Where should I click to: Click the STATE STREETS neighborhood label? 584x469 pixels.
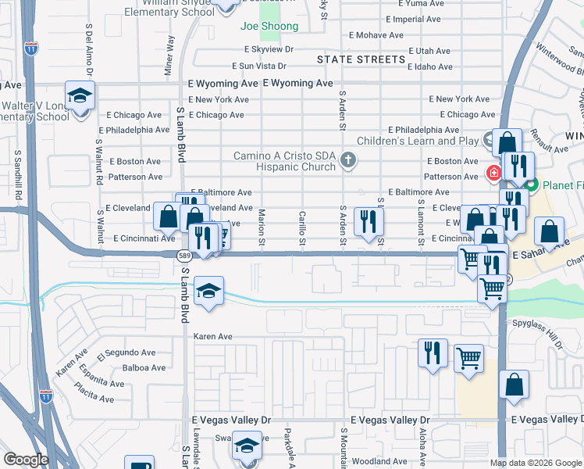coord(361,59)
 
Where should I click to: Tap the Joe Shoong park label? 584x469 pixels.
coord(269,27)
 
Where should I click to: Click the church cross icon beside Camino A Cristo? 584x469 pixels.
coord(349,161)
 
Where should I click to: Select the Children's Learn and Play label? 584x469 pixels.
coord(417,141)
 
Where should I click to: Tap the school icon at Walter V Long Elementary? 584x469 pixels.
coord(79,96)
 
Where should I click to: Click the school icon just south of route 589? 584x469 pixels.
coord(208,292)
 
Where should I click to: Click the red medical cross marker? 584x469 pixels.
coord(493,172)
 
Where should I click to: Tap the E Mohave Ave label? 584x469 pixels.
coord(376,35)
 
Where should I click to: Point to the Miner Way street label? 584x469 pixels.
coord(169,55)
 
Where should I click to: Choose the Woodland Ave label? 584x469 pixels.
coord(380,462)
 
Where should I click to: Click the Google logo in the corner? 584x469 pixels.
coord(26,460)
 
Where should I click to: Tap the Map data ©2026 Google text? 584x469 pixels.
coord(535,463)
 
